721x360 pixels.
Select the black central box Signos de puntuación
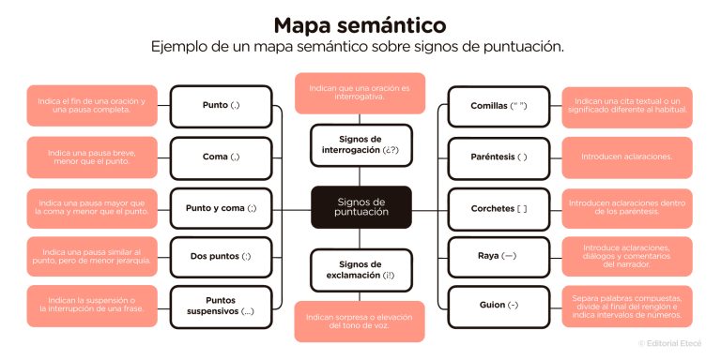(361, 206)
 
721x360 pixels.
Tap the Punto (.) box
(222, 106)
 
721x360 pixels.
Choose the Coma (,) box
(222, 157)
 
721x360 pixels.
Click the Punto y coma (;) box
(222, 207)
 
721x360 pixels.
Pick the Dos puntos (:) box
(222, 256)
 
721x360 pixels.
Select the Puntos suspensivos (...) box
(222, 306)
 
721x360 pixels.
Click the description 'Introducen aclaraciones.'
(626, 157)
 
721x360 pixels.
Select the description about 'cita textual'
(626, 106)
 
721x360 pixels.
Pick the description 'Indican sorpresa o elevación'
(361, 322)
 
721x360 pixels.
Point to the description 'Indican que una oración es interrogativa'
(361, 93)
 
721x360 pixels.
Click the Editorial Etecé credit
(673, 344)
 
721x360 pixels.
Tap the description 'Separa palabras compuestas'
(626, 306)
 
